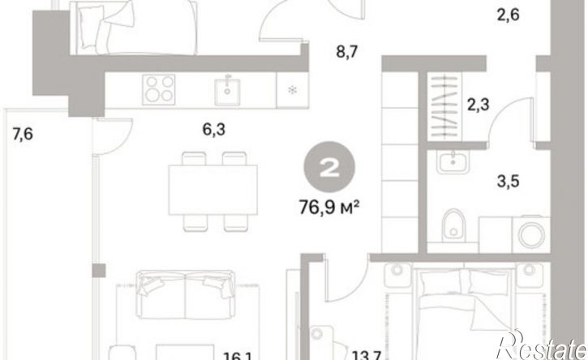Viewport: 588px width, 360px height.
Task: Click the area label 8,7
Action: click(347, 52)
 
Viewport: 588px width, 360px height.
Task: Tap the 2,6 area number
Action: click(509, 15)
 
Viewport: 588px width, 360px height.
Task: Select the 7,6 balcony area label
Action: click(23, 134)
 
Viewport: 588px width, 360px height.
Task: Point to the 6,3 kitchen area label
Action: click(214, 130)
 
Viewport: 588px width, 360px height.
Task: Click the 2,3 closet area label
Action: click(479, 104)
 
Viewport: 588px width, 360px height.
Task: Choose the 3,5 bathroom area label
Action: click(509, 181)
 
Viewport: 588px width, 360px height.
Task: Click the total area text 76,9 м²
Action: click(329, 207)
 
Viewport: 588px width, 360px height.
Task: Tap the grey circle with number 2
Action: click(329, 167)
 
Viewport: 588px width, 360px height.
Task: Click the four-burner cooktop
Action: click(159, 89)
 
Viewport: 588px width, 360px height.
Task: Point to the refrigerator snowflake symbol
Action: click(292, 90)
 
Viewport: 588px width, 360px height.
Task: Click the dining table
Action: click(212, 190)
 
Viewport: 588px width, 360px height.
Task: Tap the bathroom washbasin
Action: click(453, 161)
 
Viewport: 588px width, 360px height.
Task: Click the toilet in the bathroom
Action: click(453, 225)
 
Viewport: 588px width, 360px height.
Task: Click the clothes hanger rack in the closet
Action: click(444, 105)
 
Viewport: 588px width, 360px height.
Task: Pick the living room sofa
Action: click(185, 294)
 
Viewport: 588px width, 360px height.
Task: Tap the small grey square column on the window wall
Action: click(99, 270)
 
